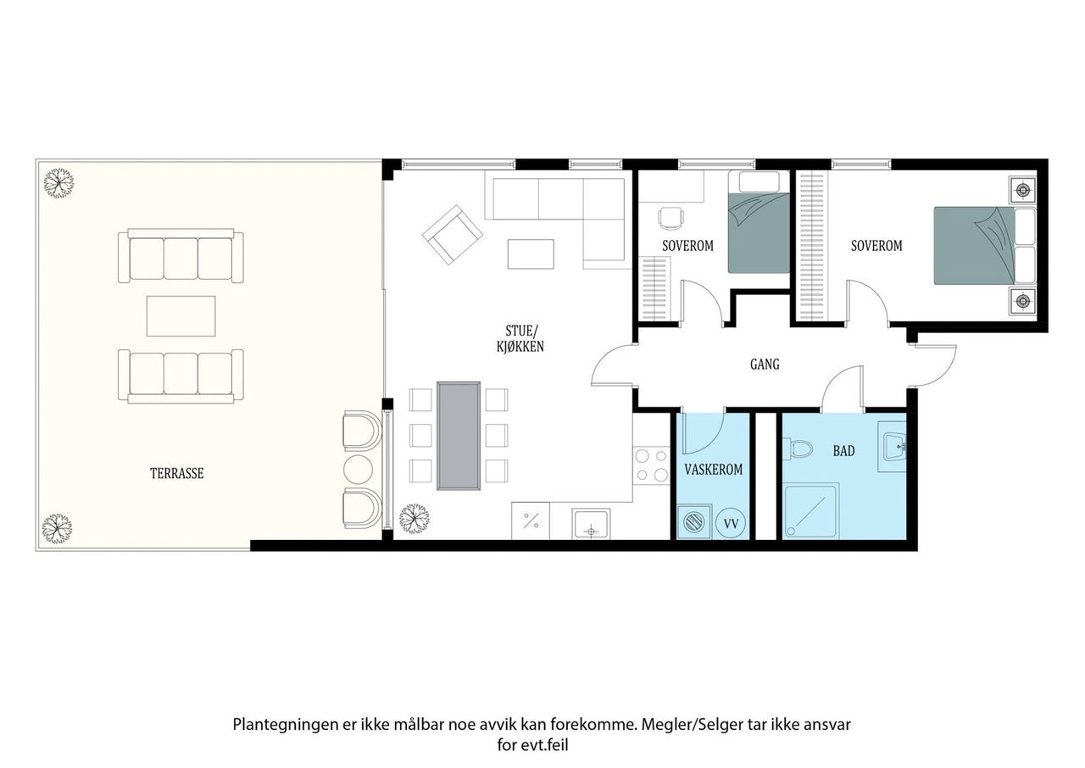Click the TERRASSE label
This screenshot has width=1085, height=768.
pyautogui.click(x=177, y=474)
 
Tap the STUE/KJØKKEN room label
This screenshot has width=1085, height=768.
pyautogui.click(x=520, y=339)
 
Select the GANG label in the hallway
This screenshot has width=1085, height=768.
pyautogui.click(x=765, y=365)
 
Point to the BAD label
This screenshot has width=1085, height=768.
pyautogui.click(x=843, y=451)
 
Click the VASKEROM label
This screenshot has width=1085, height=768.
pyautogui.click(x=714, y=470)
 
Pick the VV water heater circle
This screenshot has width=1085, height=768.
pyautogui.click(x=731, y=524)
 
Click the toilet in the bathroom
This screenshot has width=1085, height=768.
pyautogui.click(x=797, y=448)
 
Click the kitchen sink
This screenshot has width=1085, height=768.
pyautogui.click(x=591, y=524)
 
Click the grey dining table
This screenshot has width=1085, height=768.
pyautogui.click(x=459, y=436)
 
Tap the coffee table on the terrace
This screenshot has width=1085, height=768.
pyautogui.click(x=181, y=316)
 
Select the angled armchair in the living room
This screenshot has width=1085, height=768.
pyautogui.click(x=453, y=235)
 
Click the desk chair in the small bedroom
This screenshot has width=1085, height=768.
pyautogui.click(x=671, y=219)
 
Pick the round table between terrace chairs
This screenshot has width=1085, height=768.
pyautogui.click(x=358, y=470)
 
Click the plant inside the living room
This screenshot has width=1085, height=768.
pyautogui.click(x=415, y=519)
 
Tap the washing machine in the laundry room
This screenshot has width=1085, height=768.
pyautogui.click(x=694, y=522)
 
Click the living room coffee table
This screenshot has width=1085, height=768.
pyautogui.click(x=531, y=253)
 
